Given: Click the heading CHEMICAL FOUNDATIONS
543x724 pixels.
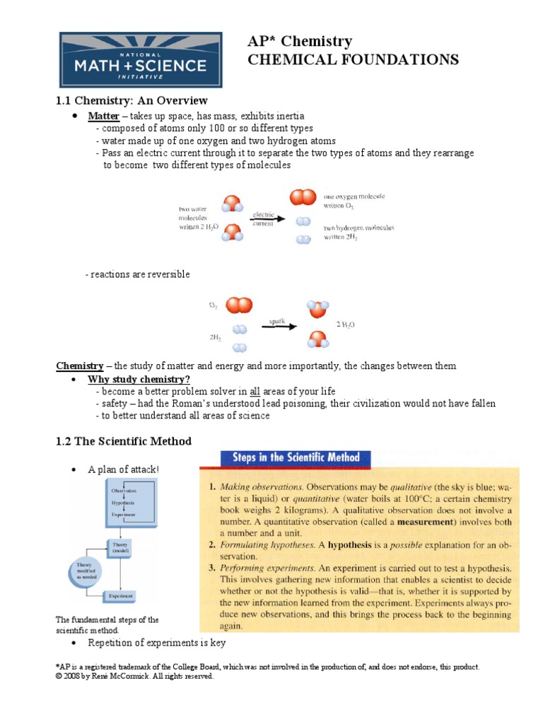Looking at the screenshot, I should (x=353, y=59).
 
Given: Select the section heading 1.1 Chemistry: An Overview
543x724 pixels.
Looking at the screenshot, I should (x=132, y=100).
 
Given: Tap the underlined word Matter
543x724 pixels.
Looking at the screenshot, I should (x=103, y=115).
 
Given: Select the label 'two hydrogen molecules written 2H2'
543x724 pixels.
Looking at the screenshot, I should (x=358, y=233).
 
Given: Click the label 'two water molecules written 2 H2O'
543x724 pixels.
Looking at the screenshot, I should (x=199, y=218).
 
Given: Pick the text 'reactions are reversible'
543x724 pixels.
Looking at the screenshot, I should (x=137, y=274).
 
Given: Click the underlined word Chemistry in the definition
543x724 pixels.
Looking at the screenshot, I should (x=79, y=366).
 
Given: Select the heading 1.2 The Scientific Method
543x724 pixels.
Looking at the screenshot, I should (x=124, y=441).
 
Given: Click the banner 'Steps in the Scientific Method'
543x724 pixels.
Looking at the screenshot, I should (x=296, y=457).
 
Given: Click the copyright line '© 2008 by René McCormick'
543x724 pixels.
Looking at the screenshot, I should (x=134, y=676).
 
